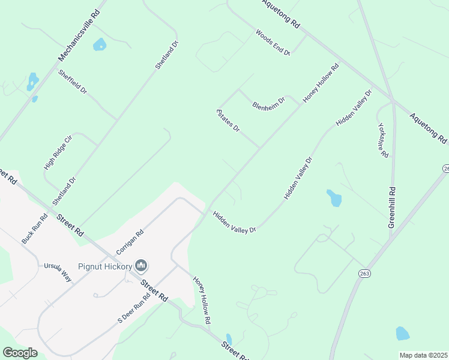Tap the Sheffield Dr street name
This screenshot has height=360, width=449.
coord(73,82)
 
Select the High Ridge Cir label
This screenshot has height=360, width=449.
coord(58,152)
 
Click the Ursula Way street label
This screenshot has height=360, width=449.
coord(58,272)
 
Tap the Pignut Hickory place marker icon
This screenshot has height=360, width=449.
coord(142,265)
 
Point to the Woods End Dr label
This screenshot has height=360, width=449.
coord(273,42)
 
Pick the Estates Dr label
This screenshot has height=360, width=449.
coord(228,121)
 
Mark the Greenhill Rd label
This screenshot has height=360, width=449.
coord(391,204)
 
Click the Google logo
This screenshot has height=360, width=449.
coord(20,353)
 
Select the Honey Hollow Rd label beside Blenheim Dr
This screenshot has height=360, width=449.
coord(321,83)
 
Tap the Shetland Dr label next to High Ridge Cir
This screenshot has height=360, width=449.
coord(65,191)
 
